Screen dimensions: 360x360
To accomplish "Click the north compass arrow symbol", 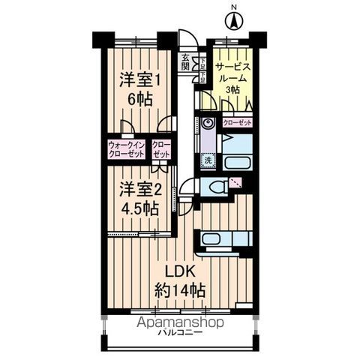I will coord(233,20).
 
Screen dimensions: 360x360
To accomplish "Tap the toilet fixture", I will coord(216,187).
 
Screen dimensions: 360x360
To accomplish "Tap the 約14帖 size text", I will coord(181,290).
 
